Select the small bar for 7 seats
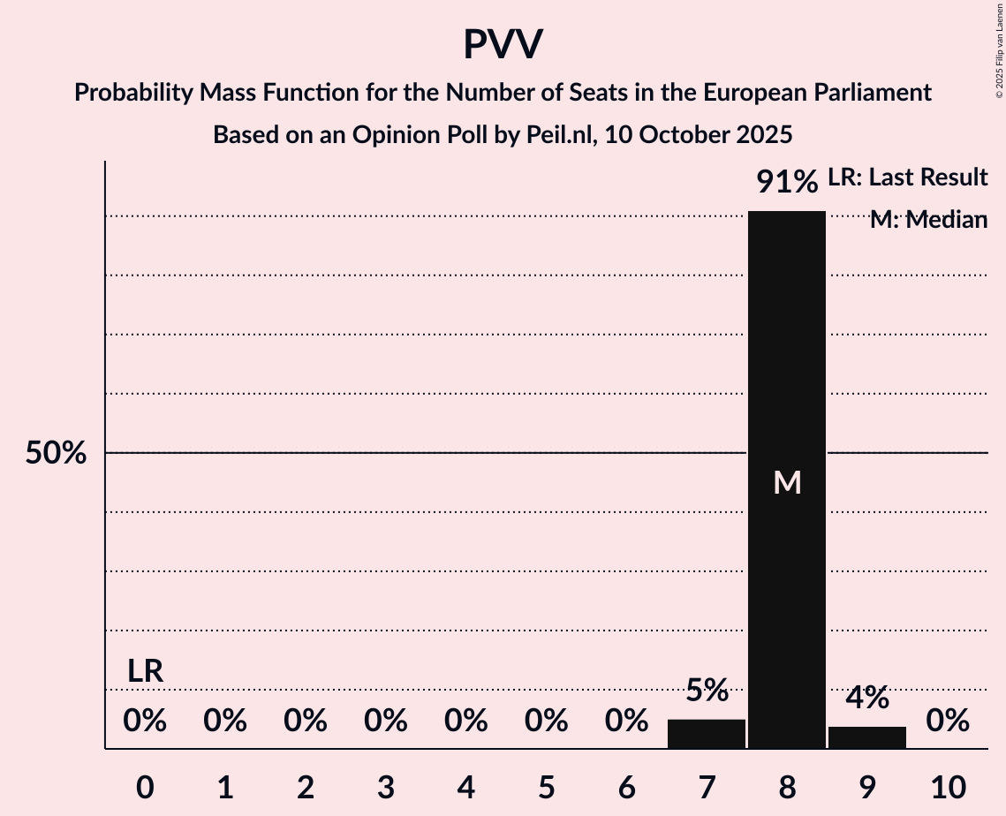(706, 734)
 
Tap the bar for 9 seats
(866, 737)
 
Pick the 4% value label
(866, 698)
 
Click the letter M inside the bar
(786, 482)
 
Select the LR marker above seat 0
(145, 671)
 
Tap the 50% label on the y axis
(56, 453)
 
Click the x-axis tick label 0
(145, 787)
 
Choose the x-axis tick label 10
(947, 787)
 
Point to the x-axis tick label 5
(546, 787)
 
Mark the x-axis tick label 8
(786, 787)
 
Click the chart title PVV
(503, 44)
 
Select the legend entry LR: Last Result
(907, 178)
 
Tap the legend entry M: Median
(927, 220)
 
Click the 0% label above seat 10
(947, 722)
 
